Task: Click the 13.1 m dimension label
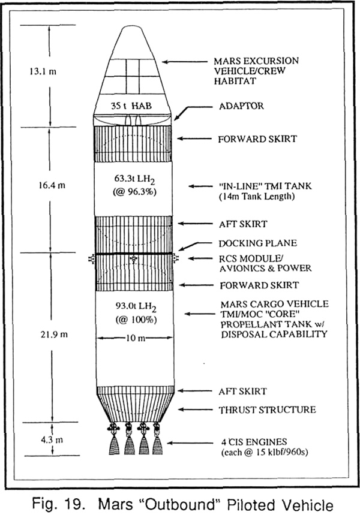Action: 43,71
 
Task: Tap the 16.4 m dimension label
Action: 52,185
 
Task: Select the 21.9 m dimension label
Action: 54,335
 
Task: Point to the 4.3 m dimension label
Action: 52,439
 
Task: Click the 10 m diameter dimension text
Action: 136,338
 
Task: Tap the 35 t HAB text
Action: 131,106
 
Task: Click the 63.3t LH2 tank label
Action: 134,179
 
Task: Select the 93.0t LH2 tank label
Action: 136,306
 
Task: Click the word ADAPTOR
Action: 241,106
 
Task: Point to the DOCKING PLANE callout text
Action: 258,243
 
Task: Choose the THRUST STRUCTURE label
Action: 267,410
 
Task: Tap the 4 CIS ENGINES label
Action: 254,442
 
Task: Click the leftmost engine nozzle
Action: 114,445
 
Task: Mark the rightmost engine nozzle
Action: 157,445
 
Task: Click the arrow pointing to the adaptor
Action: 193,111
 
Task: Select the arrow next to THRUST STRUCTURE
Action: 195,409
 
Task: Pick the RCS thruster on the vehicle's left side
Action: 91,259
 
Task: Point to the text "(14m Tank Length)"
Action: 257,197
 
